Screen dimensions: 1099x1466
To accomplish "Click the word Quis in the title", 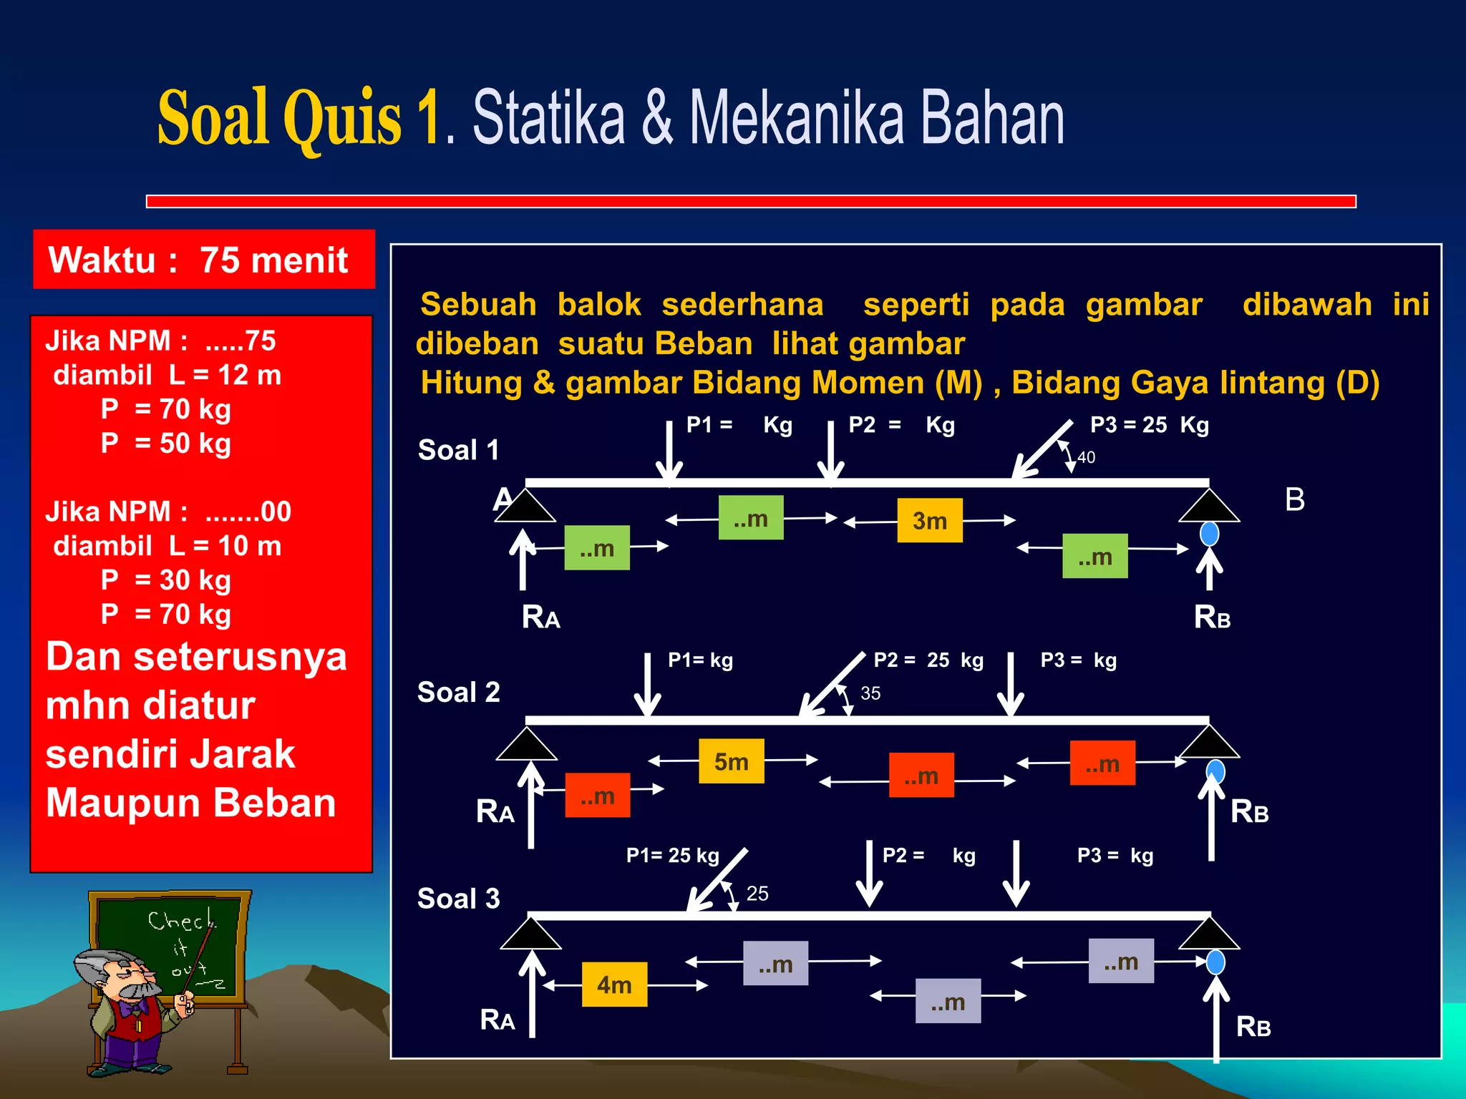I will [x=342, y=118].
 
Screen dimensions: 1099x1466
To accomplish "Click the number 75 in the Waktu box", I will [x=219, y=260].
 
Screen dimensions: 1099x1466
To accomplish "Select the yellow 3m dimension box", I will [x=929, y=521].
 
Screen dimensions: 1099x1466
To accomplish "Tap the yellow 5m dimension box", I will [x=731, y=761].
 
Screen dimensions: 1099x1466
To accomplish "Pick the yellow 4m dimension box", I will [x=614, y=985].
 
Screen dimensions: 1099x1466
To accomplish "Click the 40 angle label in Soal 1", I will [x=1086, y=457].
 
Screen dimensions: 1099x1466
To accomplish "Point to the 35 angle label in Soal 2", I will [x=870, y=693].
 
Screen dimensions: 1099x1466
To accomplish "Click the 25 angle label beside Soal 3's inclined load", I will [x=757, y=894].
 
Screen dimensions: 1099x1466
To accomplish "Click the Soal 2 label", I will [x=458, y=693].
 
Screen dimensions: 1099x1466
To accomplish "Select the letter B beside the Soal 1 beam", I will [x=1294, y=499].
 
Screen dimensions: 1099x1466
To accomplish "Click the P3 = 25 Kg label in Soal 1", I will [x=1149, y=425].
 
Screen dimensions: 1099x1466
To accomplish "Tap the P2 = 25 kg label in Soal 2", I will [x=928, y=660].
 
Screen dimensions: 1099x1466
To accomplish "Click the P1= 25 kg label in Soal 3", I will [x=672, y=855].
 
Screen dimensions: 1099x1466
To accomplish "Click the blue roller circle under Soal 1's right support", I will [x=1209, y=534].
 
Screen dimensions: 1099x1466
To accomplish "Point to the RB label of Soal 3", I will [x=1253, y=1027].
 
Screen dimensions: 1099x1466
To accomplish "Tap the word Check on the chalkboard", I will [x=180, y=920].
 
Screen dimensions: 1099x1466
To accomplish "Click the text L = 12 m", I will [x=225, y=375].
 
